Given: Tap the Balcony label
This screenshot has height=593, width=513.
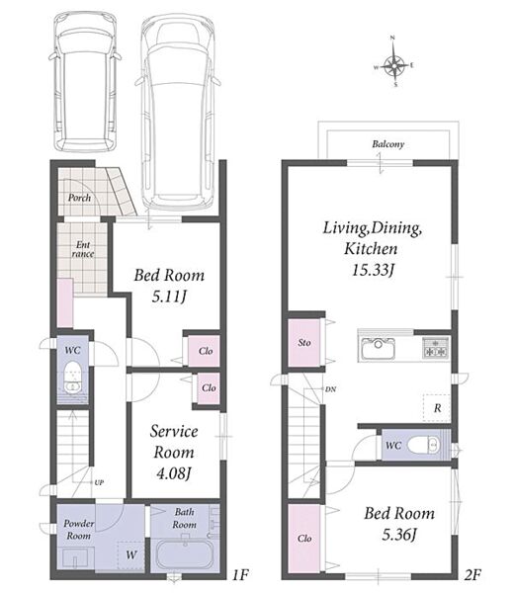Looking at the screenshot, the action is coord(387,144).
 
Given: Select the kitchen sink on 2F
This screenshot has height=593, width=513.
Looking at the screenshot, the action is coord(378,348).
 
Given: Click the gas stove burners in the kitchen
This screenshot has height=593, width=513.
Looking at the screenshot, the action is coord(435,348).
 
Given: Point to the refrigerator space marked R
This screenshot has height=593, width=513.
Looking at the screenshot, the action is coord(437,408).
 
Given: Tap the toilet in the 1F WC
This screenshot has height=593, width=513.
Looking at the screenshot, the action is coord(72,378).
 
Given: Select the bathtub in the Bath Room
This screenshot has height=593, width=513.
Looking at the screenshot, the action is coord(185,554).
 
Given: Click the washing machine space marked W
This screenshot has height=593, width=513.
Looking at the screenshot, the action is coord(130,555).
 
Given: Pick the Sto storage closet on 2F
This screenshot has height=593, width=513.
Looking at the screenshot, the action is coord(304,343).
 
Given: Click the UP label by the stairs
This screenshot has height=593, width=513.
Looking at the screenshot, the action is coord(99,482).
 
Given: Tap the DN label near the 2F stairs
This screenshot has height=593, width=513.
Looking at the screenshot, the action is coord(330,389).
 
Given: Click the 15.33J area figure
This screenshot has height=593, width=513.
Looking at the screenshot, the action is coord(374,270).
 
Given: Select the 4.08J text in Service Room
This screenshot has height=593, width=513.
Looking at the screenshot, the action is coord(174,472).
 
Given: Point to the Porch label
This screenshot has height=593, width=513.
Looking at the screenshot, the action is coord(79,198).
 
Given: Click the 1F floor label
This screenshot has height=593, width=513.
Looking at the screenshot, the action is coord(240,575).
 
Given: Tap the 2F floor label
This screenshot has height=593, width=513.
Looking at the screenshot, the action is coord(472,575).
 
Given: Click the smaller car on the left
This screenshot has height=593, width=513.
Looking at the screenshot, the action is coord(85,81).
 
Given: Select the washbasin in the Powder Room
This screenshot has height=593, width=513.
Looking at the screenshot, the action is coord(76,557).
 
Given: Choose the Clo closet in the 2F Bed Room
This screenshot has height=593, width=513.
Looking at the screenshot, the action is coord(304,539).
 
